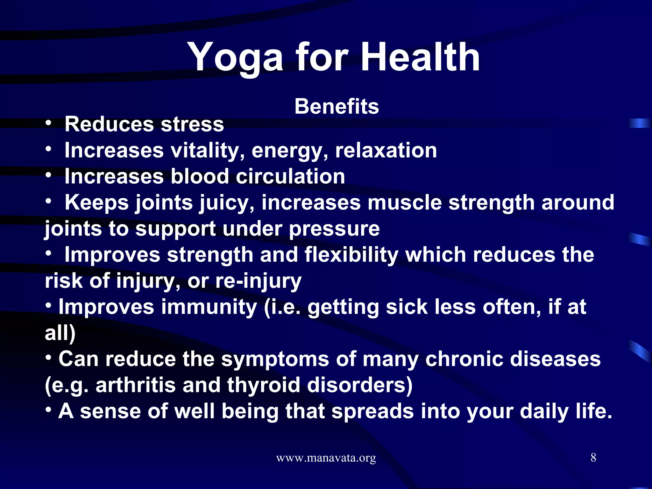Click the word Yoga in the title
point(235,57)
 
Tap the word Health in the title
point(420,57)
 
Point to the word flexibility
point(351,255)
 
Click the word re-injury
point(258,281)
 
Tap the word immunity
point(209,307)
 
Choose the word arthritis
point(136,385)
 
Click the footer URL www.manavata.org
point(326,458)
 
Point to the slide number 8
point(593,457)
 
